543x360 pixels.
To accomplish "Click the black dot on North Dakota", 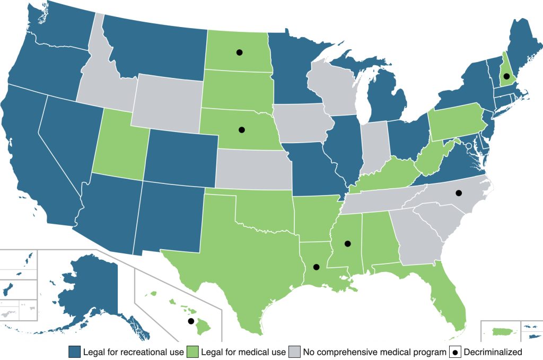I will pyautogui.click(x=239, y=52).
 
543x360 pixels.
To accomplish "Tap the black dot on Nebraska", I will pyautogui.click(x=242, y=129).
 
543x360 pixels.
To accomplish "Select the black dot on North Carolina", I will pyautogui.click(x=459, y=193).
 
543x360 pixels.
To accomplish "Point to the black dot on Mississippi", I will pyautogui.click(x=348, y=244).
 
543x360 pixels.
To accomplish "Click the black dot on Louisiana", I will pyautogui.click(x=317, y=267).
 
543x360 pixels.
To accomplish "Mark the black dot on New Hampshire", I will pyautogui.click(x=506, y=77).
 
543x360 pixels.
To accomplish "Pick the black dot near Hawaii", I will pyautogui.click(x=191, y=321).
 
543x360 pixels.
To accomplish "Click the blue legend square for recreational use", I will pyautogui.click(x=74, y=352).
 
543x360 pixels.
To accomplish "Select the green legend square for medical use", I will pyautogui.click(x=192, y=352).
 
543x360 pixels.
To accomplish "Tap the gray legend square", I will pyautogui.click(x=294, y=352).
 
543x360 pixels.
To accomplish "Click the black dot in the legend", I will pyautogui.click(x=456, y=352).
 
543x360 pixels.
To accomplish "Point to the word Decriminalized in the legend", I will pyautogui.click(x=493, y=352).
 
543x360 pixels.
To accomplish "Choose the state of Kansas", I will pyautogui.click(x=253, y=169).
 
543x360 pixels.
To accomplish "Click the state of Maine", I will pyautogui.click(x=525, y=50).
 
